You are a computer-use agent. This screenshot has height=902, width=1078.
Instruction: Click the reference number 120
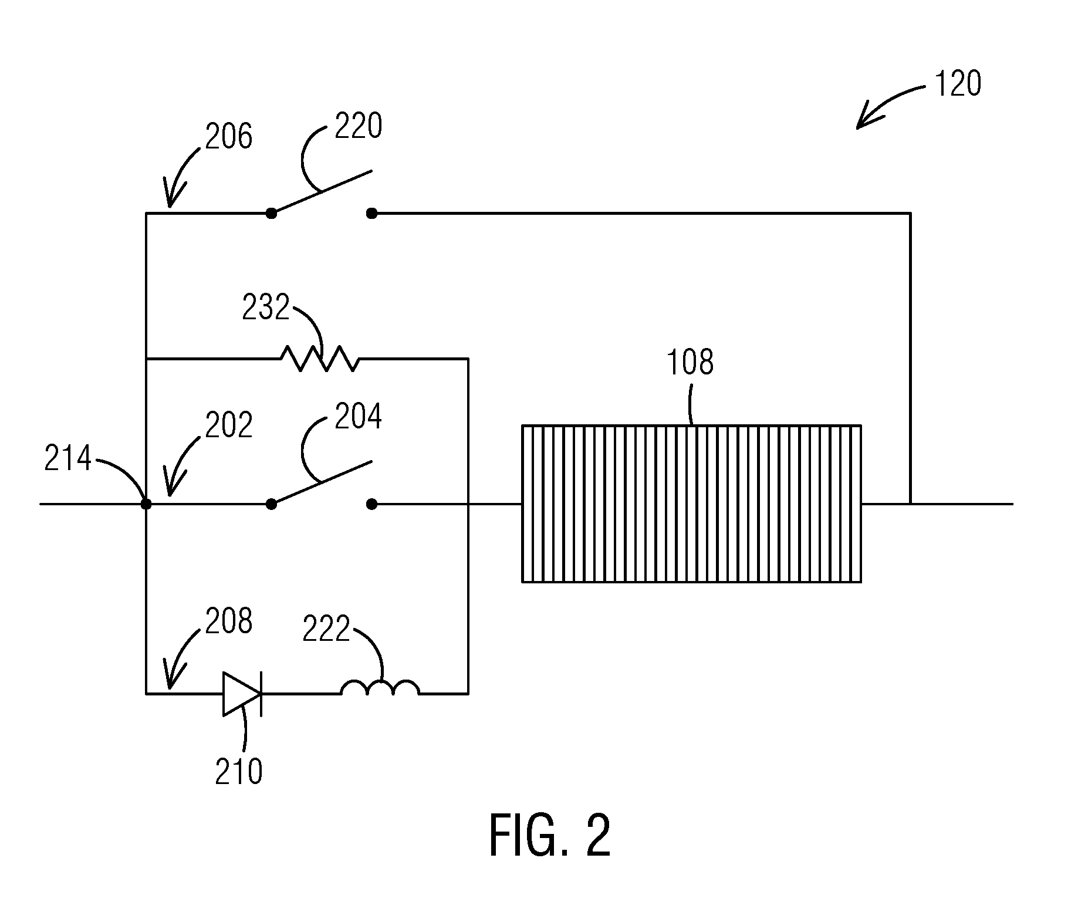(x=957, y=84)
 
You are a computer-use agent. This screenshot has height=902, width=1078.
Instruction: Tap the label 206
(x=229, y=136)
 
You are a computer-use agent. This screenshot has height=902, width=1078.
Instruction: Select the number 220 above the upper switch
(x=358, y=126)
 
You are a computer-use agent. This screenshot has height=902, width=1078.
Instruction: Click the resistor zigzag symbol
(x=320, y=358)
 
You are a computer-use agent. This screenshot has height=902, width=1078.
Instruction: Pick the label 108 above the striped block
(x=690, y=362)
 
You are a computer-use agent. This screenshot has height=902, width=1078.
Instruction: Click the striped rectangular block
(x=692, y=503)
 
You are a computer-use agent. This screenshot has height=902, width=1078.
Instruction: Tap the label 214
(x=68, y=458)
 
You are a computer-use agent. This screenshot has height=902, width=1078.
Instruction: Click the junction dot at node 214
(x=146, y=504)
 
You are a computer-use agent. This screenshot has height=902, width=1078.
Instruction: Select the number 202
(x=229, y=424)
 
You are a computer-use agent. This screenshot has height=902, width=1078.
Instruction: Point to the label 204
(x=358, y=416)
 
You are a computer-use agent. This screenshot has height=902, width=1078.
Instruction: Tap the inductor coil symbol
(x=380, y=687)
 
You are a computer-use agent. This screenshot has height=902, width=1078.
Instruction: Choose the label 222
(x=326, y=628)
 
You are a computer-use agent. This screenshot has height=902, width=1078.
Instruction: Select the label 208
(x=229, y=620)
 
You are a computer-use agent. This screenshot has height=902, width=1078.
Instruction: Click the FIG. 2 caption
(x=550, y=835)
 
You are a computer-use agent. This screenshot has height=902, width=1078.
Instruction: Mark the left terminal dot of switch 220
(x=271, y=214)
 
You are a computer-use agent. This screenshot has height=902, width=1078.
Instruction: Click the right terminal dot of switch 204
(x=371, y=504)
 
